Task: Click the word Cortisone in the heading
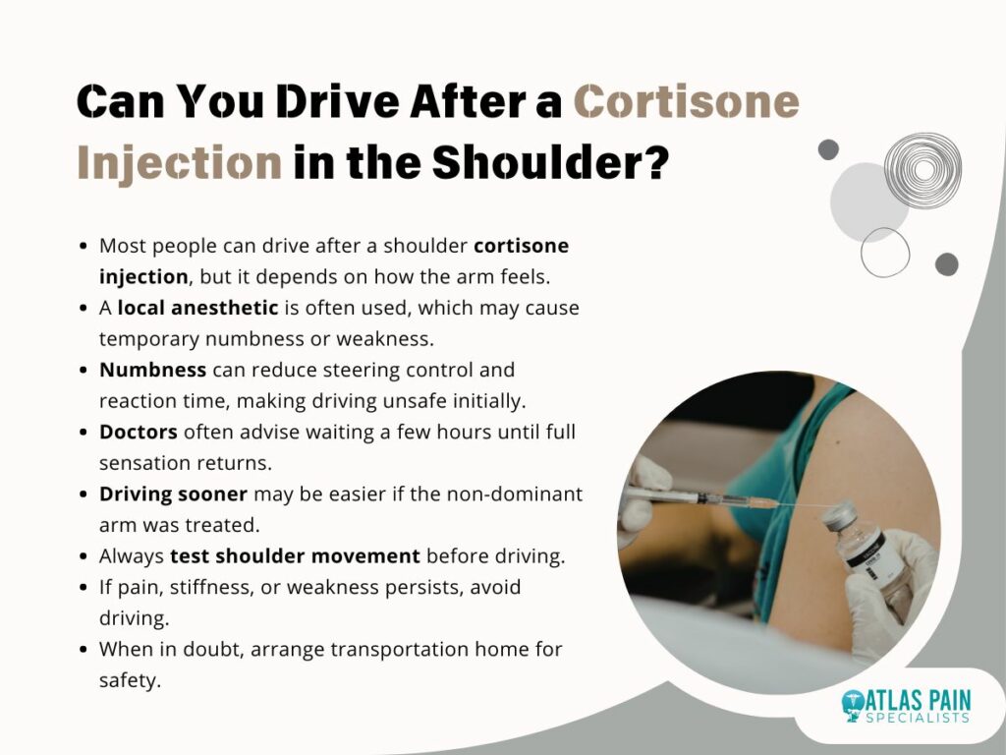tap(686, 101)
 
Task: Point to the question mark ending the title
tap(654, 161)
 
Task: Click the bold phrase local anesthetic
tap(197, 308)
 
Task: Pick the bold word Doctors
tap(138, 433)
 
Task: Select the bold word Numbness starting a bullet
tap(152, 370)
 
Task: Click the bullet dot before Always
tap(83, 556)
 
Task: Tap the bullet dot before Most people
tap(83, 246)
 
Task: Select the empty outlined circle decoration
tap(885, 228)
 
